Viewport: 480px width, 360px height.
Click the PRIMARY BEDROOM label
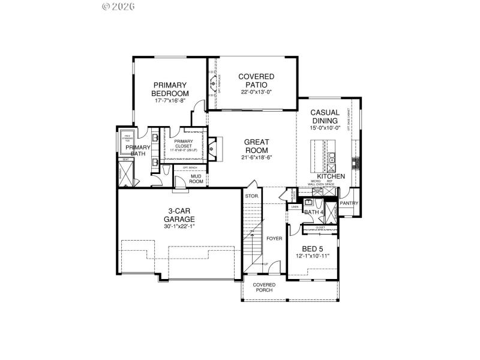pyautogui.click(x=170, y=89)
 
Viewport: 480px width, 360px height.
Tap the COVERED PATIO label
pyautogui.click(x=256, y=80)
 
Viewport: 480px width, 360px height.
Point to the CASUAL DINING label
pyautogui.click(x=325, y=116)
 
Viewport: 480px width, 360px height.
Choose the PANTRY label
pyautogui.click(x=349, y=203)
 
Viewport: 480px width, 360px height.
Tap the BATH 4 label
pyautogui.click(x=314, y=212)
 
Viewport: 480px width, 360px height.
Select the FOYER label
pyautogui.click(x=274, y=238)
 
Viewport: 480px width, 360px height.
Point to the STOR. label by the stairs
pyautogui.click(x=251, y=196)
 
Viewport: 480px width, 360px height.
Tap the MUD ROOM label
pyautogui.click(x=196, y=178)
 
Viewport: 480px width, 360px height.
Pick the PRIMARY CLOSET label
pyautogui.click(x=184, y=144)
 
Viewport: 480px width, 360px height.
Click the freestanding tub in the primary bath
pyautogui.click(x=127, y=138)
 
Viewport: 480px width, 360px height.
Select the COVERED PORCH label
pyautogui.click(x=264, y=287)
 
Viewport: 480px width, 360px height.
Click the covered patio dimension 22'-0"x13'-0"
pyautogui.click(x=256, y=92)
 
